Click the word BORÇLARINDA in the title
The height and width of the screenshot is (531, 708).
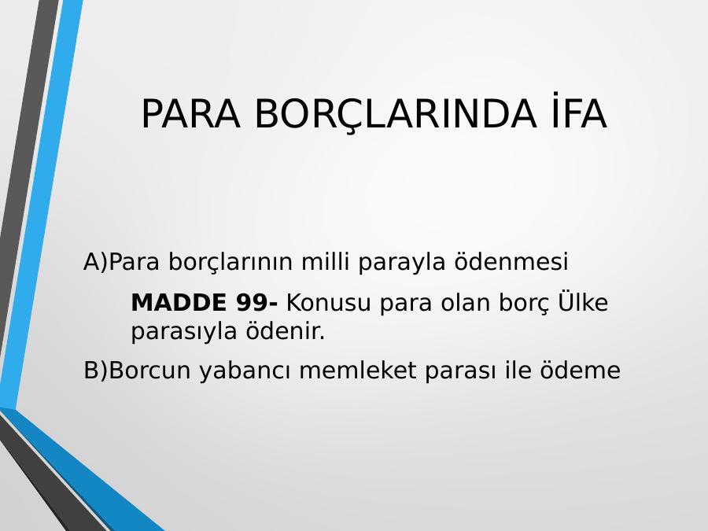pyautogui.click(x=396, y=115)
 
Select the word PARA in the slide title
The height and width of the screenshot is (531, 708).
pyautogui.click(x=191, y=114)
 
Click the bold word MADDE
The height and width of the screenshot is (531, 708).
pyautogui.click(x=179, y=303)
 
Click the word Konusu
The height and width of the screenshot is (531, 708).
pyautogui.click(x=328, y=303)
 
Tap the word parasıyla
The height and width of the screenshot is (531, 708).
pyautogui.click(x=184, y=332)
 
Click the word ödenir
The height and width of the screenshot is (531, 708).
pyautogui.click(x=286, y=330)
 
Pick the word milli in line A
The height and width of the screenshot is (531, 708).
pyautogui.click(x=325, y=260)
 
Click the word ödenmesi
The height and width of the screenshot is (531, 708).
pyautogui.click(x=511, y=260)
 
